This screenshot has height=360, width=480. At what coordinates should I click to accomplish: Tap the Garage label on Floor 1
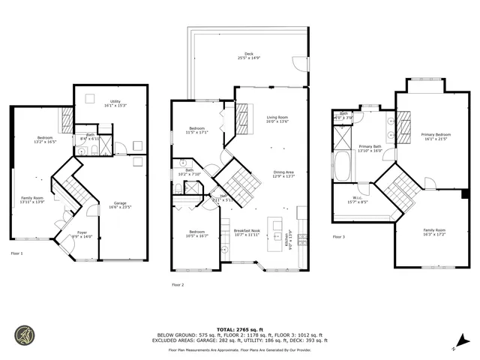120,205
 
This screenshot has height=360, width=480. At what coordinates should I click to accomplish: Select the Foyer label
82,234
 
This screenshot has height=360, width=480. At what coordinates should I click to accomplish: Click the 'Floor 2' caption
178,285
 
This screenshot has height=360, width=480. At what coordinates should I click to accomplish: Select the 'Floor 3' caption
339,237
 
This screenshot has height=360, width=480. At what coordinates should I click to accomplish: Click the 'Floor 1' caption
16,253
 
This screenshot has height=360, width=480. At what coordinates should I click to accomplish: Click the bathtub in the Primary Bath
342,166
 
